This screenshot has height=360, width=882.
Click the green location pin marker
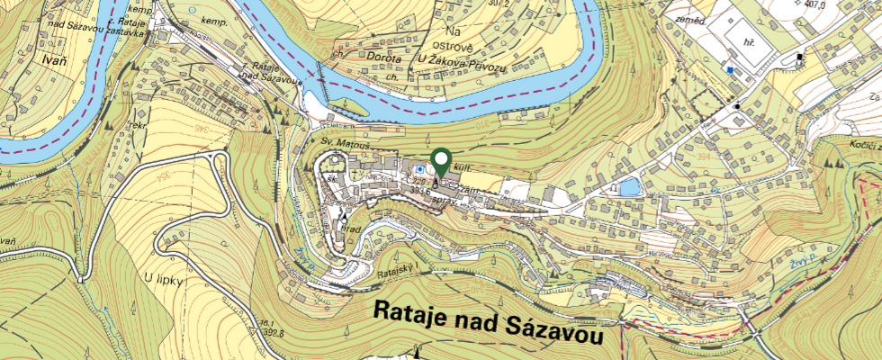tap(441, 162)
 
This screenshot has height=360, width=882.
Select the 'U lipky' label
tap(165, 280)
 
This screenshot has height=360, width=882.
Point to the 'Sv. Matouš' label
tap(340, 143)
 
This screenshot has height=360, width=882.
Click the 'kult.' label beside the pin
tap(464, 168)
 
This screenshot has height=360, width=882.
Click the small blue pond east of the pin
tap(631, 187)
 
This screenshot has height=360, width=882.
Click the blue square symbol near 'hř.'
tap(730, 68)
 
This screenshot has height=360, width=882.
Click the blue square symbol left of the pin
tap(419, 168)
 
